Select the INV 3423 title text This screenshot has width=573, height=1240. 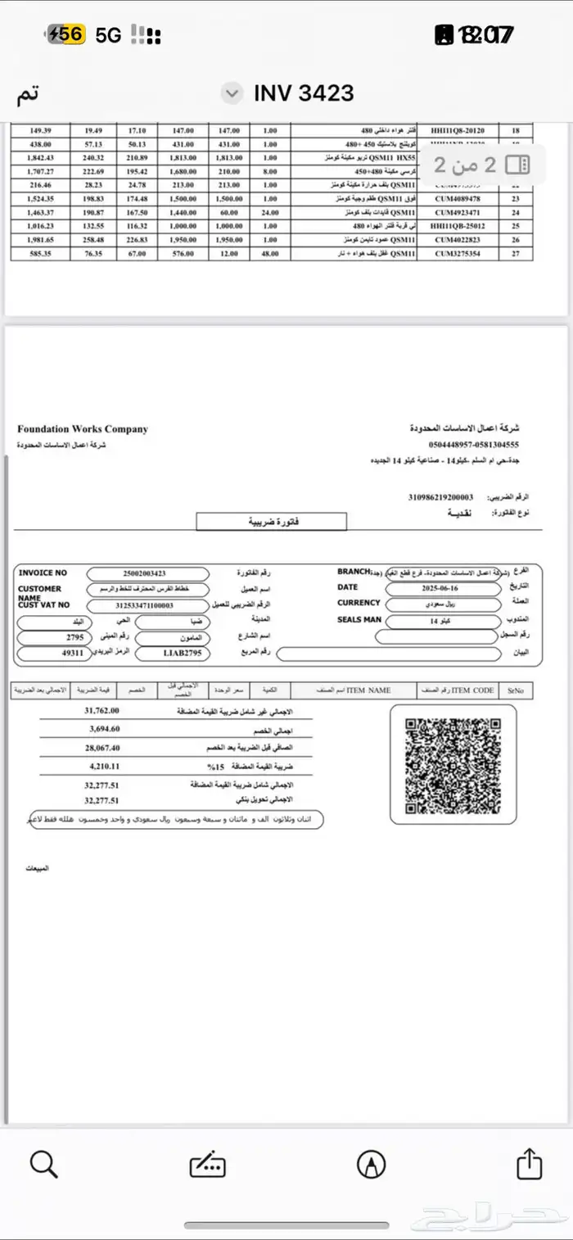(304, 93)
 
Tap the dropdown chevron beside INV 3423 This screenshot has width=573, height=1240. (233, 93)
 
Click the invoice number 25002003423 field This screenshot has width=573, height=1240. (148, 574)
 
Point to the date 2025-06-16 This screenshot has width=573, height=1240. (440, 588)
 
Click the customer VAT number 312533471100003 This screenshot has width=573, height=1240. (148, 605)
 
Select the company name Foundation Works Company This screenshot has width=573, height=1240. (83, 429)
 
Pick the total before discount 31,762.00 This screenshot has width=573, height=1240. (102, 711)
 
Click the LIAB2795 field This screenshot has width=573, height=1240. (171, 653)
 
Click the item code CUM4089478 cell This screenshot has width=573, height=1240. (458, 199)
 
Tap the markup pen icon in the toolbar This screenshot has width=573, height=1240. (372, 1163)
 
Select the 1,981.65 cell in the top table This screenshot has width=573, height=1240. (39, 240)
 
